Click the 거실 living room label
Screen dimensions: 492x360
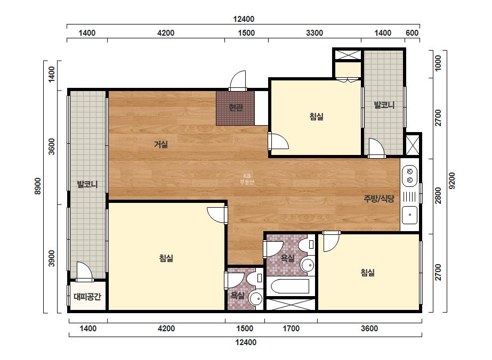click(161, 144)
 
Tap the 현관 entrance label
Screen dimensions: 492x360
click(236, 108)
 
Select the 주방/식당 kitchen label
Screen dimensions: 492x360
click(379, 198)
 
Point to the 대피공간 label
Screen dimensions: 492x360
click(87, 296)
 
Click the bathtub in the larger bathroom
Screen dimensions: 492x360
click(290, 286)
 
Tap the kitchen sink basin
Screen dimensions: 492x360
click(410, 215)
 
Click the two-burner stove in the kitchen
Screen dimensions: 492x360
click(409, 176)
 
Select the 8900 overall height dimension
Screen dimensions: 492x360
click(38, 186)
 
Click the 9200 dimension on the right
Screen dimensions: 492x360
click(452, 181)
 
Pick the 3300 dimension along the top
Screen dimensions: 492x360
click(314, 33)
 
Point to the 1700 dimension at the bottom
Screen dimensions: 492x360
click(291, 329)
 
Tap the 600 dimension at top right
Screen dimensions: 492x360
click(412, 33)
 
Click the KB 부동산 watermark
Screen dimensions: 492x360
click(247, 179)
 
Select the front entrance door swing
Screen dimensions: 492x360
click(238, 80)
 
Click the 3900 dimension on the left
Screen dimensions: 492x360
click(52, 258)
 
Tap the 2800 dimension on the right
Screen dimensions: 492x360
click(438, 195)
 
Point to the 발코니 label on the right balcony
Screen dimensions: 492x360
click(384, 105)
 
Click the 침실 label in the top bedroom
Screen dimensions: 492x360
click(316, 117)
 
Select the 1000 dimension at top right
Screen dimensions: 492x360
click(438, 63)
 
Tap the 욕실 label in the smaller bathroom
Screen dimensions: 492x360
click(237, 295)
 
